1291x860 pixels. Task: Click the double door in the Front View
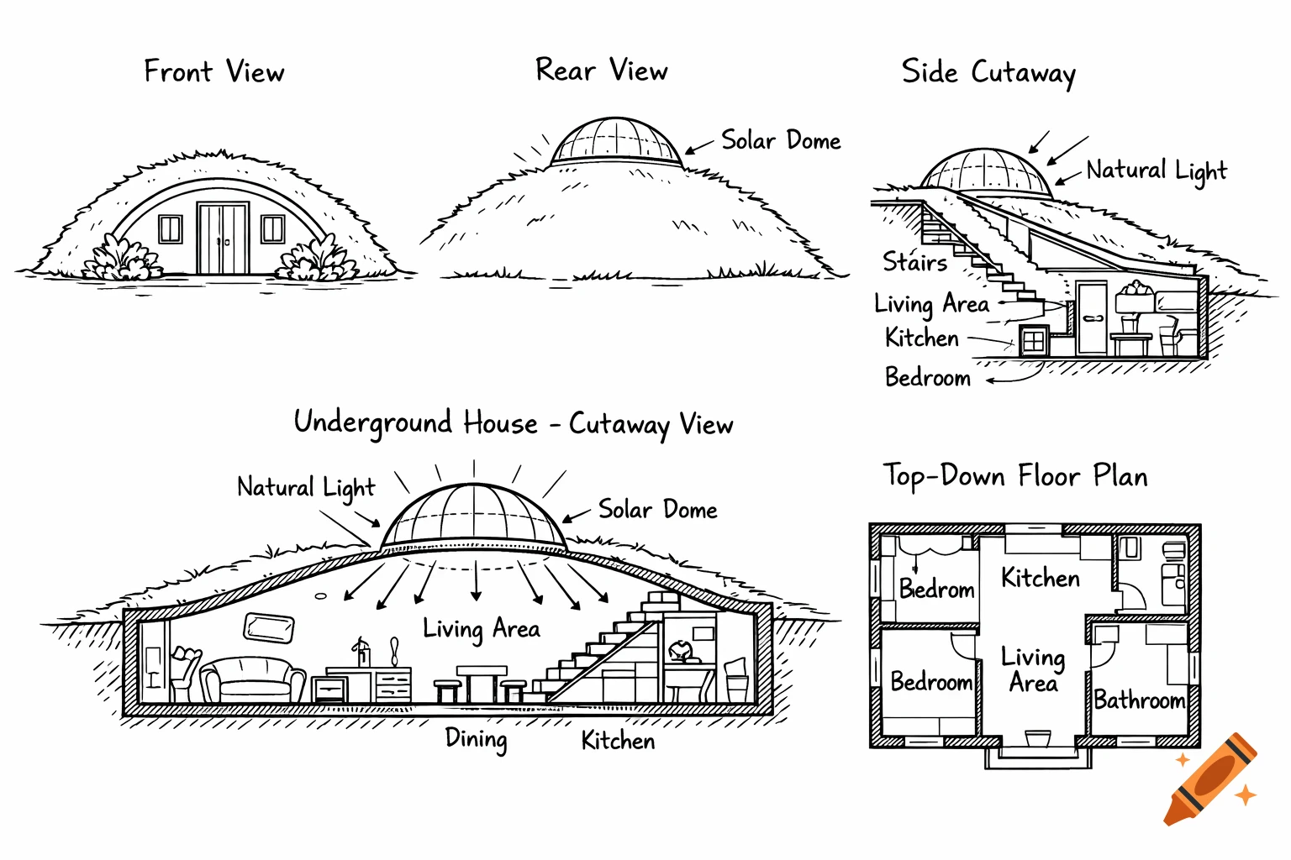coord(223,238)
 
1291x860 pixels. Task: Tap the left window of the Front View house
coord(171,228)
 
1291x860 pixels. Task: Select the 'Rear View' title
coord(602,71)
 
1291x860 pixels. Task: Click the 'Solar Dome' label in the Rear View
coord(781,140)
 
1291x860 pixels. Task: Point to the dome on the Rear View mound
coord(616,142)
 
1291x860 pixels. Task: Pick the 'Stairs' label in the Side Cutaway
coord(914,262)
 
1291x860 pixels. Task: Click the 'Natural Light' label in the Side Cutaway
coord(1157,171)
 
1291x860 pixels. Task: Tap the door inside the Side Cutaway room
coord(1093,317)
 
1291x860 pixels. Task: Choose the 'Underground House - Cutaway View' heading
coord(513,423)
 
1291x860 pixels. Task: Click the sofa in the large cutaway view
coord(252,679)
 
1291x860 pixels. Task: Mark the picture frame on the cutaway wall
coord(269,627)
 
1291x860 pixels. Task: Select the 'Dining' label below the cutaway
coord(476,739)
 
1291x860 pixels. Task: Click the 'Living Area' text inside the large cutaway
coord(481,629)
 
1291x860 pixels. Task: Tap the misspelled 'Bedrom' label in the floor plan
coord(936,589)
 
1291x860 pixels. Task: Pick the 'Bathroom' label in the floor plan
coord(1140,700)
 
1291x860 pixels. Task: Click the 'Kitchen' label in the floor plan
coord(1041,578)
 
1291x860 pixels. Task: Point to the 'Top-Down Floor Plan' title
coord(1014,476)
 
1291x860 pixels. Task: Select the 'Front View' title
coord(214,72)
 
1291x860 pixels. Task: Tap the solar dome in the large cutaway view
coord(474,516)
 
